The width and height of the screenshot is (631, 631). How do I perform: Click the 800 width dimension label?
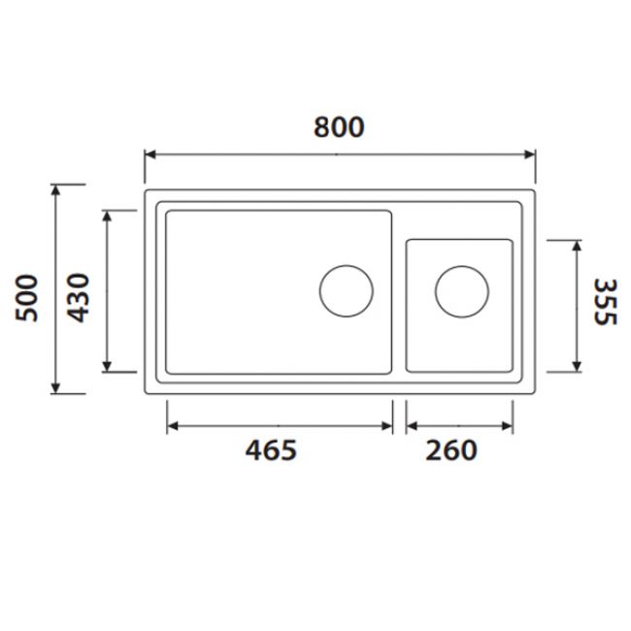point(339,127)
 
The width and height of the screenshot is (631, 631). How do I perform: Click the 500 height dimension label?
point(29,297)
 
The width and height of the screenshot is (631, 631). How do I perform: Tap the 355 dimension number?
point(604,303)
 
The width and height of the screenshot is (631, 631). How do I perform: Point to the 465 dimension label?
point(269,450)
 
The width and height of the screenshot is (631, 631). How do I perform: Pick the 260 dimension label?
point(451,450)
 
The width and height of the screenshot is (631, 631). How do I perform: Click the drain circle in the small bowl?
point(461,290)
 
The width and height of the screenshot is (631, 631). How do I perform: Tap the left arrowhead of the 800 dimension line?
point(150,153)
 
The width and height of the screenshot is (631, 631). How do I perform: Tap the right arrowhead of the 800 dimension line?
point(529,153)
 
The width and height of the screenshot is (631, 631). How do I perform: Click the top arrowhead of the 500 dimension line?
point(56,190)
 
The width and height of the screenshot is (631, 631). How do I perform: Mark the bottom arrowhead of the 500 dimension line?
point(56,387)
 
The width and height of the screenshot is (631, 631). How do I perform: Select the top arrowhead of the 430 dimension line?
point(107,216)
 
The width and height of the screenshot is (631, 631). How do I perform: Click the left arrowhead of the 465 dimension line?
point(173,426)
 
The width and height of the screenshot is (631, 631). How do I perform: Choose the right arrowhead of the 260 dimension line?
point(508,426)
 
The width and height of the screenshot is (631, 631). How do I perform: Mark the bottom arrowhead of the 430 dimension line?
point(107,365)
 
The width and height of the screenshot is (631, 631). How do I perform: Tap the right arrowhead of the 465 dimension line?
point(386,426)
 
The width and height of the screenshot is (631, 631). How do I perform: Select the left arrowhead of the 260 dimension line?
point(412,426)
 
